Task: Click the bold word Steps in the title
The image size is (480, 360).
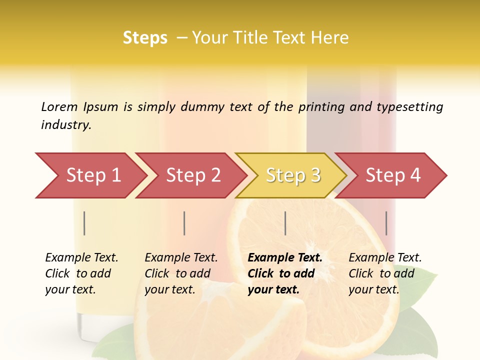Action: tap(145, 38)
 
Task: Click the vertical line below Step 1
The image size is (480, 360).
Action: tap(84, 223)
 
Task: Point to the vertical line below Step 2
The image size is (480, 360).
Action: tap(184, 223)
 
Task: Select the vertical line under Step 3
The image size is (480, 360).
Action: tap(285, 223)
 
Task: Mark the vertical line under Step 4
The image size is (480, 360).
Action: tap(386, 223)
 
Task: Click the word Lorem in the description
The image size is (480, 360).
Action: tap(59, 106)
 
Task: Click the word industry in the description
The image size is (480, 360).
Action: tap(66, 125)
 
